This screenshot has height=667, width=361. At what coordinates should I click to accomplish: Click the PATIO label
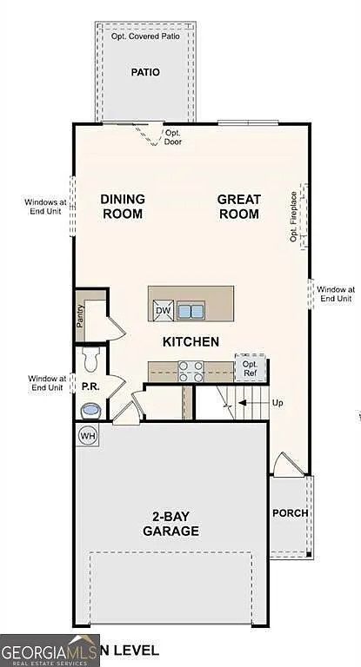point(145,72)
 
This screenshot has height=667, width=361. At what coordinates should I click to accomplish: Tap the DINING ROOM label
point(123,206)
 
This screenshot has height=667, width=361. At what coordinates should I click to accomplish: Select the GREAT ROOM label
point(238,206)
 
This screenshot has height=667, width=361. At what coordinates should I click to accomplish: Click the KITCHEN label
point(191,341)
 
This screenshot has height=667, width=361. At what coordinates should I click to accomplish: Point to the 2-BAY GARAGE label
point(171,524)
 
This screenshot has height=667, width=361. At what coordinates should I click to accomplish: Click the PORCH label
point(290,512)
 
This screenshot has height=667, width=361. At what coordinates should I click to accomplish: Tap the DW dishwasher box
point(164,310)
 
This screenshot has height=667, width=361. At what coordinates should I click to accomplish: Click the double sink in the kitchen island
point(191,310)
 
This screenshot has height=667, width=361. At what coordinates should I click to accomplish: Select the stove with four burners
point(191,371)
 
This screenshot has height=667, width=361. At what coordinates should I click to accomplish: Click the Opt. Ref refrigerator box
point(250,368)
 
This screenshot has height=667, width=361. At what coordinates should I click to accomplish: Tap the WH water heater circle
point(88,434)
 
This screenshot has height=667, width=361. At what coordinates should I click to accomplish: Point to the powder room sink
point(90,410)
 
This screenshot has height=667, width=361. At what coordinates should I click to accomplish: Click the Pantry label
point(80,314)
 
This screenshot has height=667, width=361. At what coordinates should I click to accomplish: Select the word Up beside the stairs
point(277,403)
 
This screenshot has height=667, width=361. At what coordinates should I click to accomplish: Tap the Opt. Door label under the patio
point(173,137)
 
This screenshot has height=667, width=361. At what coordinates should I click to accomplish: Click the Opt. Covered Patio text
point(145,36)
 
